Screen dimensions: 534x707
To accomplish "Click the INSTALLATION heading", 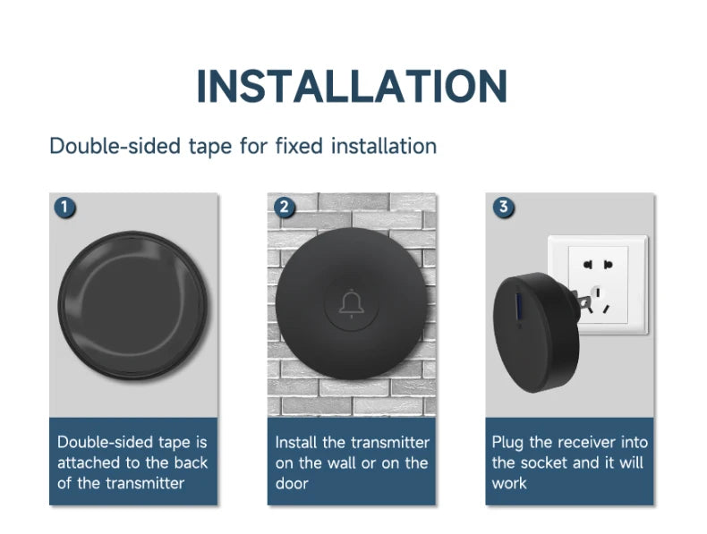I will click(352, 86).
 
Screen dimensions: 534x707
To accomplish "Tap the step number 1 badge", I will click(64, 208).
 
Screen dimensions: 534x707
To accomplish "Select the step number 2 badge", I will click(284, 208).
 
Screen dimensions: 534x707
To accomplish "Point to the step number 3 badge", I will click(503, 208).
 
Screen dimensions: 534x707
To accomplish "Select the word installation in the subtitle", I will click(384, 146).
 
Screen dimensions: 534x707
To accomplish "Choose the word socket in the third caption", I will click(545, 463).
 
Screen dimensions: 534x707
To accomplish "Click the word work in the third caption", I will click(509, 484).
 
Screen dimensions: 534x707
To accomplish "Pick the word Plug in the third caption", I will click(507, 443).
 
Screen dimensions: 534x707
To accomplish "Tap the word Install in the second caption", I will click(295, 443).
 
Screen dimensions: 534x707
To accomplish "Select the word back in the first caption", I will click(190, 463).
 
